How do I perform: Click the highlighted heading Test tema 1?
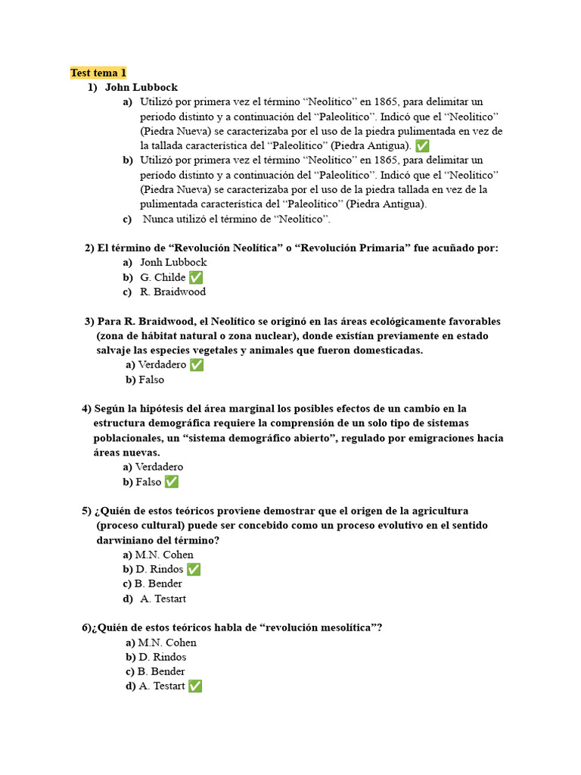coord(98,73)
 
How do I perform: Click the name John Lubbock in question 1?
coord(141,88)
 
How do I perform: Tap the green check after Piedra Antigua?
coord(422,146)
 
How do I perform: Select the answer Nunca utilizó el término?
coord(237,219)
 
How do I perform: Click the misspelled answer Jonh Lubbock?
coord(173,263)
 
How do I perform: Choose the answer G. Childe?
coord(163,278)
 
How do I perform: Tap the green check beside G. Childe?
coord(196,278)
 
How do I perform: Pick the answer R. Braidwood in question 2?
coord(172,292)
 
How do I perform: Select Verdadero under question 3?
coord(161,366)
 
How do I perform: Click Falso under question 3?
coord(151,380)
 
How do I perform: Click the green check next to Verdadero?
coord(197,366)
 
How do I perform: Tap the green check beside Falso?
coord(172,482)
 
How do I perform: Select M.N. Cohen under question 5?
coord(163,555)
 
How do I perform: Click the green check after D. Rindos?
coord(194,569)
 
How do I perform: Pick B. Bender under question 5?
coord(157,584)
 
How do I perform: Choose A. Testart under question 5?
coord(163,599)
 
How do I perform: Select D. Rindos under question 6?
coord(162,658)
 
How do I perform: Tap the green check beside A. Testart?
coord(195,686)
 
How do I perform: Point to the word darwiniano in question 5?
coord(128,540)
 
